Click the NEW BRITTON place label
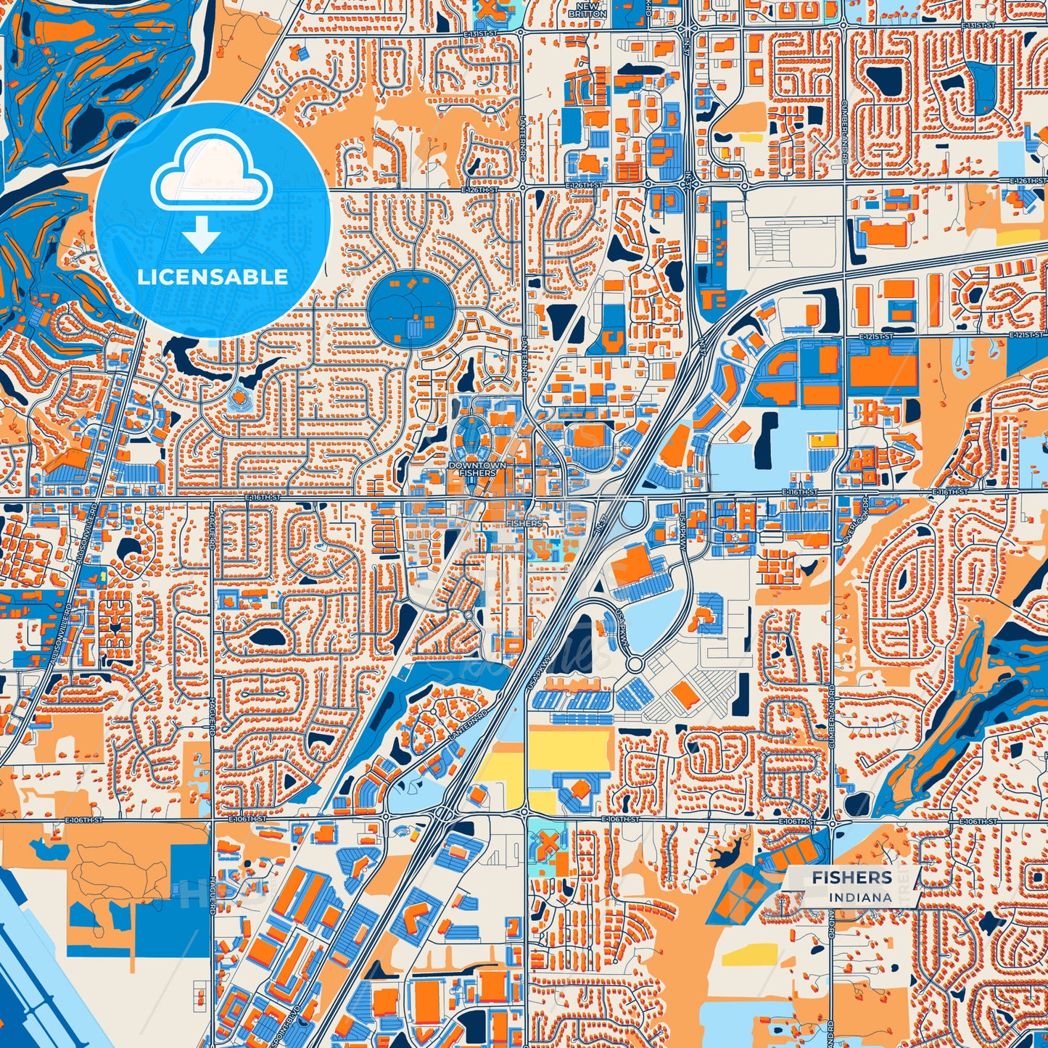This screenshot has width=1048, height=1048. pos(587,9)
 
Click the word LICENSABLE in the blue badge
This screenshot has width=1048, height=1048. pos(213,277)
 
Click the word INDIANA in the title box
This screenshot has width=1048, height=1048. pos(862,897)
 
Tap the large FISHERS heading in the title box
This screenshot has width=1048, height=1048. pos(851,878)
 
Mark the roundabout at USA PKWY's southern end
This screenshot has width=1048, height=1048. pos(635,664)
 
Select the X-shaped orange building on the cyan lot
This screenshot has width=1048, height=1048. pos(550,843)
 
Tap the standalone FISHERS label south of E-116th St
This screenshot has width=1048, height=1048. pos(524,523)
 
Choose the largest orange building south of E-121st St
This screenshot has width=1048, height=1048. pos(883,366)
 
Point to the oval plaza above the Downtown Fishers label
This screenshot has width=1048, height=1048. pos(479,438)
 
